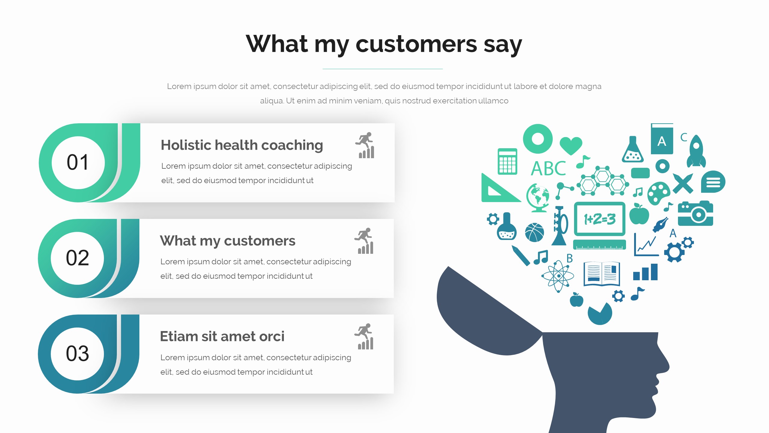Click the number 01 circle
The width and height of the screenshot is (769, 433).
tap(78, 163)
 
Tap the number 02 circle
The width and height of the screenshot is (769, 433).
tap(78, 258)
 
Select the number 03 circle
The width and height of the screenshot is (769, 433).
tap(78, 354)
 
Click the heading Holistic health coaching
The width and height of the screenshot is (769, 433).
tap(242, 145)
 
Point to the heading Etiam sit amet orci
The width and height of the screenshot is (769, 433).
tap(222, 336)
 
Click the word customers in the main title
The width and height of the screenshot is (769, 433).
tap(416, 44)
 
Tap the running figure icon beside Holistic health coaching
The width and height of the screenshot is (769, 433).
tap(365, 145)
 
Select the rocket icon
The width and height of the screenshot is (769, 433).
tap(696, 151)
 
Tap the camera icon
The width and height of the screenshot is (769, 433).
tap(695, 213)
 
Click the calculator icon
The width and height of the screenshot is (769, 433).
tap(507, 161)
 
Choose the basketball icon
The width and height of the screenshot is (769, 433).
tap(534, 232)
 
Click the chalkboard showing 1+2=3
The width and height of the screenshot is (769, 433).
tap(600, 219)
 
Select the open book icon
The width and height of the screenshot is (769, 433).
tap(602, 274)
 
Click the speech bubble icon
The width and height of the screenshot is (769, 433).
tap(713, 182)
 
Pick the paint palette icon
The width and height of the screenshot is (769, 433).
tap(659, 193)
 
